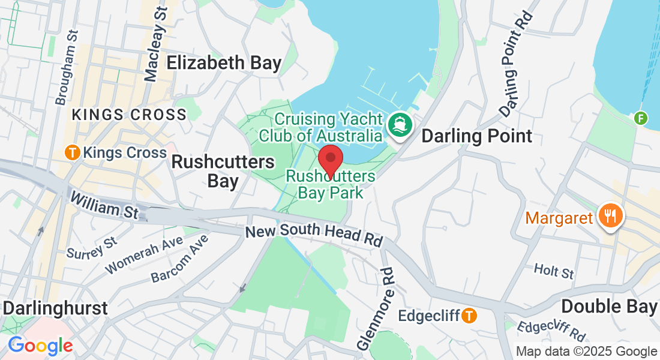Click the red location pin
click(330, 160)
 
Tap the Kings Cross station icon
click(73, 152)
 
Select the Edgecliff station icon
click(469, 314)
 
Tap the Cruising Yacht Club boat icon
click(398, 125)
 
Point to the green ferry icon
click(641, 118)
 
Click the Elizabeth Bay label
click(224, 63)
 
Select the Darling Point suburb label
click(477, 136)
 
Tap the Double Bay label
click(609, 307)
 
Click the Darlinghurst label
click(55, 308)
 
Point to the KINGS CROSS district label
click(129, 115)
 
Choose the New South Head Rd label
click(314, 235)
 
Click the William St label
click(104, 205)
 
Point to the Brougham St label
click(67, 67)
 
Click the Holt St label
click(554, 271)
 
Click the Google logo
click(40, 346)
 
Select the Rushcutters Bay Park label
click(331, 185)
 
